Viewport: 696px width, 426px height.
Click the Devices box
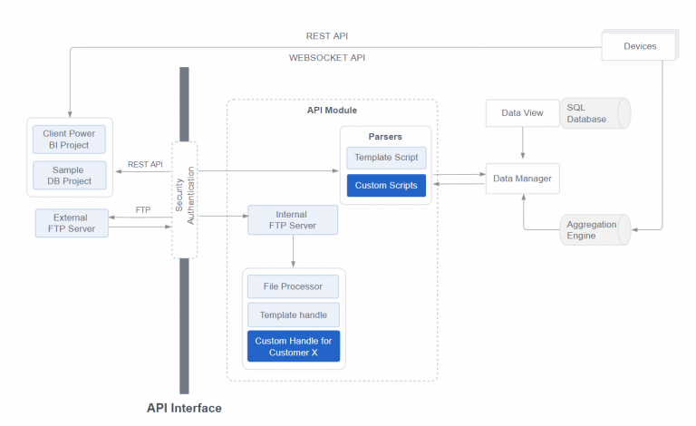click(x=639, y=45)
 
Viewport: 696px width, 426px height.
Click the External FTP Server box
click(x=72, y=222)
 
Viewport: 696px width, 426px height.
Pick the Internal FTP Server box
click(x=292, y=220)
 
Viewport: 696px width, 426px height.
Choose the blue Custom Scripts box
click(x=385, y=186)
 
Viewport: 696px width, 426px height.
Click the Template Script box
click(x=385, y=157)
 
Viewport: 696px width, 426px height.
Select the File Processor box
click(x=293, y=286)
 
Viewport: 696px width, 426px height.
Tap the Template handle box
click(x=293, y=315)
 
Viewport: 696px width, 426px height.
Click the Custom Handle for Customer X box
click(x=293, y=346)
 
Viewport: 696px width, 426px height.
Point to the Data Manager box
click(x=522, y=179)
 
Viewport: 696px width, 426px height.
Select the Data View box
click(x=522, y=113)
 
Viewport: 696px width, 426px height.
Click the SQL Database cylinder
click(x=594, y=113)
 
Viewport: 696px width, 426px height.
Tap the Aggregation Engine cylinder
click(x=594, y=230)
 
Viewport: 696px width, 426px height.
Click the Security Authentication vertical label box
click(x=184, y=199)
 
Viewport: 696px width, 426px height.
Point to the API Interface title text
click(x=184, y=408)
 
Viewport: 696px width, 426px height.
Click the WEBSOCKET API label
click(x=327, y=58)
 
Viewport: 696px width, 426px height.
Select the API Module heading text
click(x=332, y=111)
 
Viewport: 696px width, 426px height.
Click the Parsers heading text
click(x=385, y=137)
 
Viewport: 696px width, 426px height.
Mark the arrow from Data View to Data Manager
click(x=522, y=144)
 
